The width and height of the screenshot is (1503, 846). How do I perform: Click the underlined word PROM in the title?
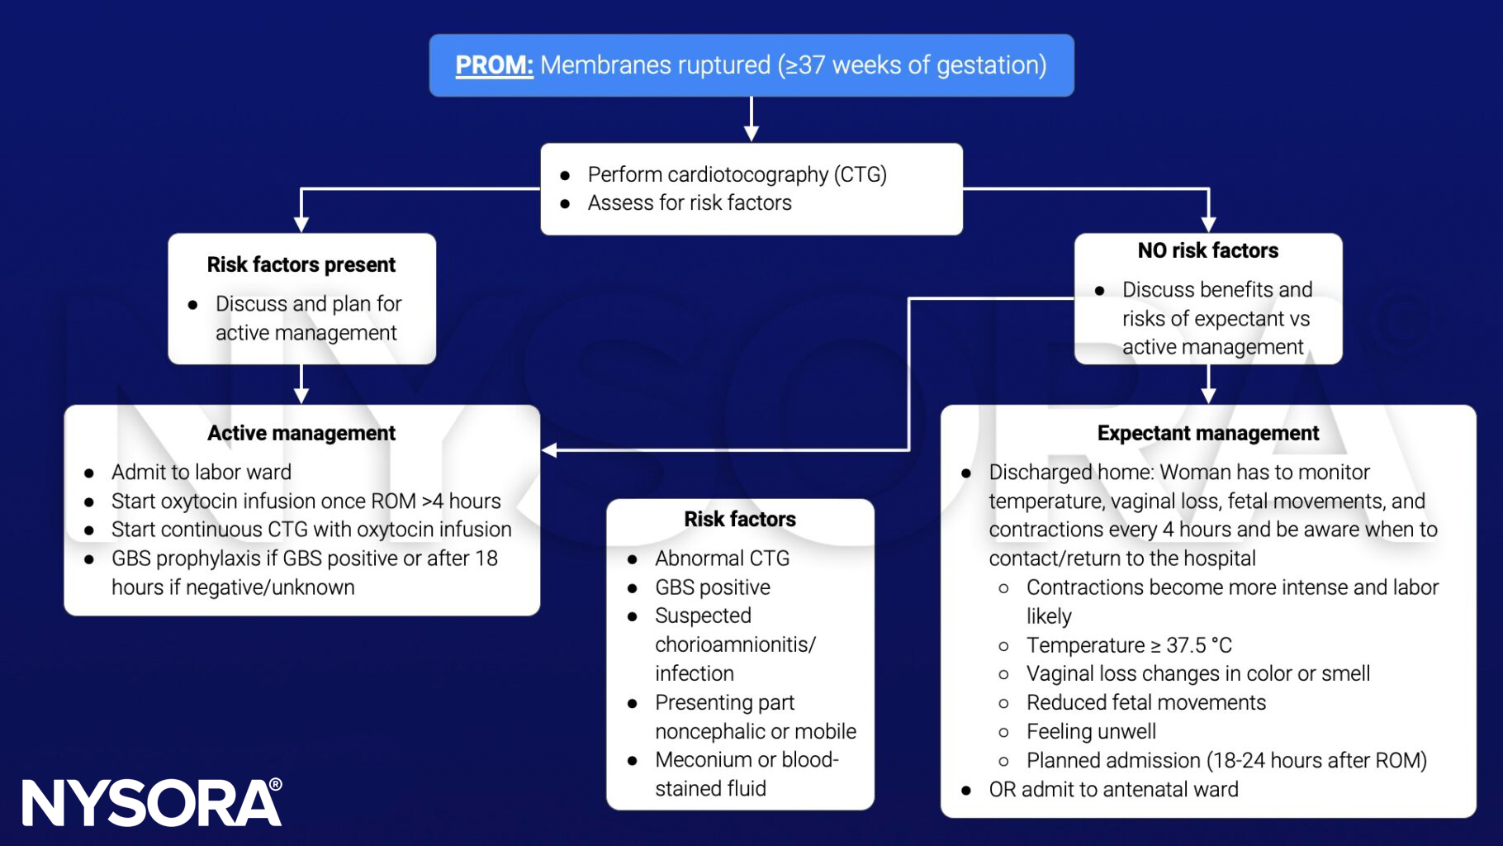point(494,65)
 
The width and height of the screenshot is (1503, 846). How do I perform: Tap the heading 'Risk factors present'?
point(301,264)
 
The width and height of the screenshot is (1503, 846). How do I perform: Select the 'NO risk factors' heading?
point(1207,250)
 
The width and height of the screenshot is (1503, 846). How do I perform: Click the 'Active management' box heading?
point(301,433)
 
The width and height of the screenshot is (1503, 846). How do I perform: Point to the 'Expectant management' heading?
point(1207,433)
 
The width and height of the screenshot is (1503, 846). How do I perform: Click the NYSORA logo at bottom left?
point(151,802)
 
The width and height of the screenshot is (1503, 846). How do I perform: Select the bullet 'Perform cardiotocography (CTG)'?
point(737,174)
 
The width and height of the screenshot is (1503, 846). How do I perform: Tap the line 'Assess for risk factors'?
point(689,202)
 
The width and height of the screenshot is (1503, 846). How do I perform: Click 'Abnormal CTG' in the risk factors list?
point(722,558)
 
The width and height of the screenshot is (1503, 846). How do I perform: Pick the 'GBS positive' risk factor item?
point(712,587)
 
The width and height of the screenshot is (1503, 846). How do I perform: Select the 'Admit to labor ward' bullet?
point(201,472)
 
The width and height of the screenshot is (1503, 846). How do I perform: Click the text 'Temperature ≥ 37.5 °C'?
point(1128,645)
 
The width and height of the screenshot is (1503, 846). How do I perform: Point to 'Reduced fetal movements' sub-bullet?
point(1145,702)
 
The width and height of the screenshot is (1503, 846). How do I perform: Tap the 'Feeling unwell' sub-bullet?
point(1090,731)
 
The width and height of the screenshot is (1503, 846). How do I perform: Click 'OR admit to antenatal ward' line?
point(1112,789)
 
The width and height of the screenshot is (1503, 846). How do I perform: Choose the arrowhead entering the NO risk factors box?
point(1208,224)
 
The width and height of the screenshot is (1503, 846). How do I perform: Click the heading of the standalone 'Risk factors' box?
point(739,519)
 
